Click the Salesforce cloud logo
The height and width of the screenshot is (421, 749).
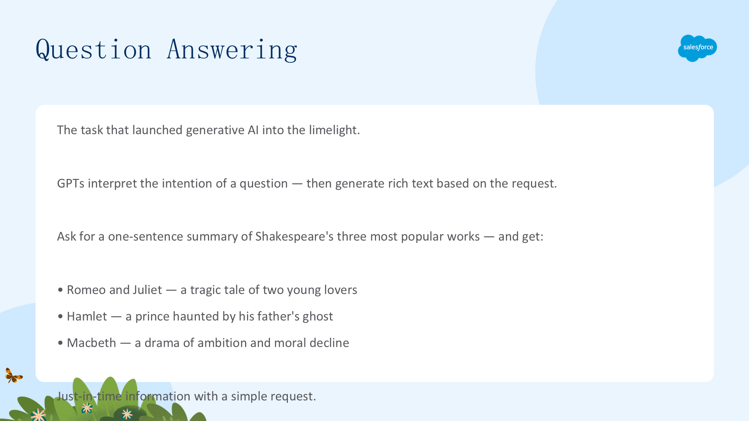click(697, 48)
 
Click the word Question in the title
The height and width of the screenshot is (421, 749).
click(94, 50)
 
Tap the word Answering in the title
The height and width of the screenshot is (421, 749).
click(232, 50)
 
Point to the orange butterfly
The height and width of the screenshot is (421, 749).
click(14, 375)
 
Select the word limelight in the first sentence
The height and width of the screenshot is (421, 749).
click(334, 130)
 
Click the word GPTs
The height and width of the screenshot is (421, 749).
click(71, 183)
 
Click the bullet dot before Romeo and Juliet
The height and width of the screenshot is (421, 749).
click(60, 290)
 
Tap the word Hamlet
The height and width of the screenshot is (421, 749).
click(87, 316)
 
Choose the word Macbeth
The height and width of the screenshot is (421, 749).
click(91, 343)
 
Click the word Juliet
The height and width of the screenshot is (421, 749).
click(147, 290)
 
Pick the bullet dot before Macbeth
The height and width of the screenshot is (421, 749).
click(60, 343)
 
